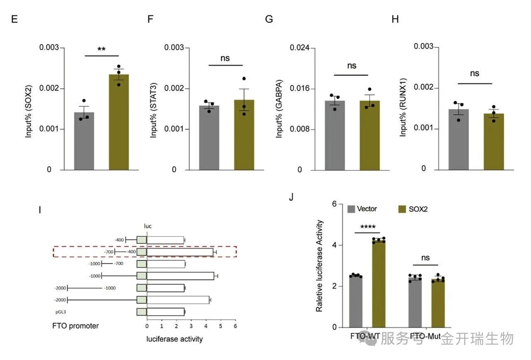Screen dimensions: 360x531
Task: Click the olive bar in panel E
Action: pyautogui.click(x=119, y=122)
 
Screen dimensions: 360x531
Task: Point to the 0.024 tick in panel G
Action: pyautogui.click(x=300, y=48)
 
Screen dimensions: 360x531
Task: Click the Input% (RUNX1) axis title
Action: pyautogui.click(x=403, y=109)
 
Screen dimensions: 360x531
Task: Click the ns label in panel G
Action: pyautogui.click(x=351, y=66)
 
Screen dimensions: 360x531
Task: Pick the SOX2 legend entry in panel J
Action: pyautogui.click(x=413, y=209)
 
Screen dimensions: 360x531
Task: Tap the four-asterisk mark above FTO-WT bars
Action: pyautogui.click(x=368, y=227)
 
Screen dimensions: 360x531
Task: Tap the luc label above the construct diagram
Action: pyautogui.click(x=148, y=226)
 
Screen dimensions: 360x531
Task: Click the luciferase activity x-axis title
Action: pyautogui.click(x=175, y=339)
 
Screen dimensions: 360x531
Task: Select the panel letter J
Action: pyautogui.click(x=291, y=196)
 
